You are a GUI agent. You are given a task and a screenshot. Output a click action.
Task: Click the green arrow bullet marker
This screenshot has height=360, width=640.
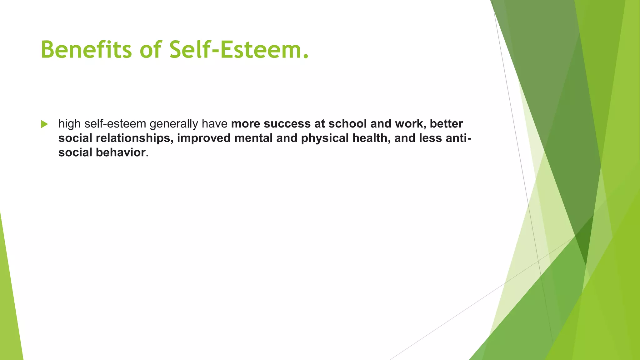pyautogui.click(x=44, y=124)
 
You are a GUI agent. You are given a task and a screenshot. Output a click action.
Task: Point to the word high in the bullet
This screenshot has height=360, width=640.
pyautogui.click(x=69, y=124)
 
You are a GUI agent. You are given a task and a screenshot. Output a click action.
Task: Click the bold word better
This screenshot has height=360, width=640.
pyautogui.click(x=446, y=124)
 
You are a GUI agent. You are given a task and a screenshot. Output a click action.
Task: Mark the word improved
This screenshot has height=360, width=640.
pyautogui.click(x=204, y=138)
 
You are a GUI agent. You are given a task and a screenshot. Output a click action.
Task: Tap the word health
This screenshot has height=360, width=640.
pyautogui.click(x=372, y=138)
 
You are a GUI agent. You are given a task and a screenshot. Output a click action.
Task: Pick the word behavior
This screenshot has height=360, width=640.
pyautogui.click(x=121, y=152)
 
